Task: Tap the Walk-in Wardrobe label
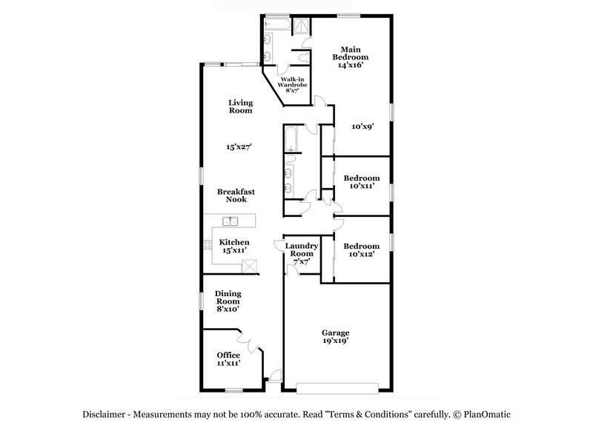[x=293, y=84]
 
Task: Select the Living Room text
[x=240, y=107]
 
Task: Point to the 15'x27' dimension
[x=240, y=147]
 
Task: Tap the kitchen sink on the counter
[x=231, y=220]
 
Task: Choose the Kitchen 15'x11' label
[x=234, y=246]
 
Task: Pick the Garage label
[x=336, y=337]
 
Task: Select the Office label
[x=228, y=359]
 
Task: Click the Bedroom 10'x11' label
[x=362, y=182]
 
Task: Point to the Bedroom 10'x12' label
[x=362, y=250]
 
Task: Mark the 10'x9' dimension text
[x=362, y=126]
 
